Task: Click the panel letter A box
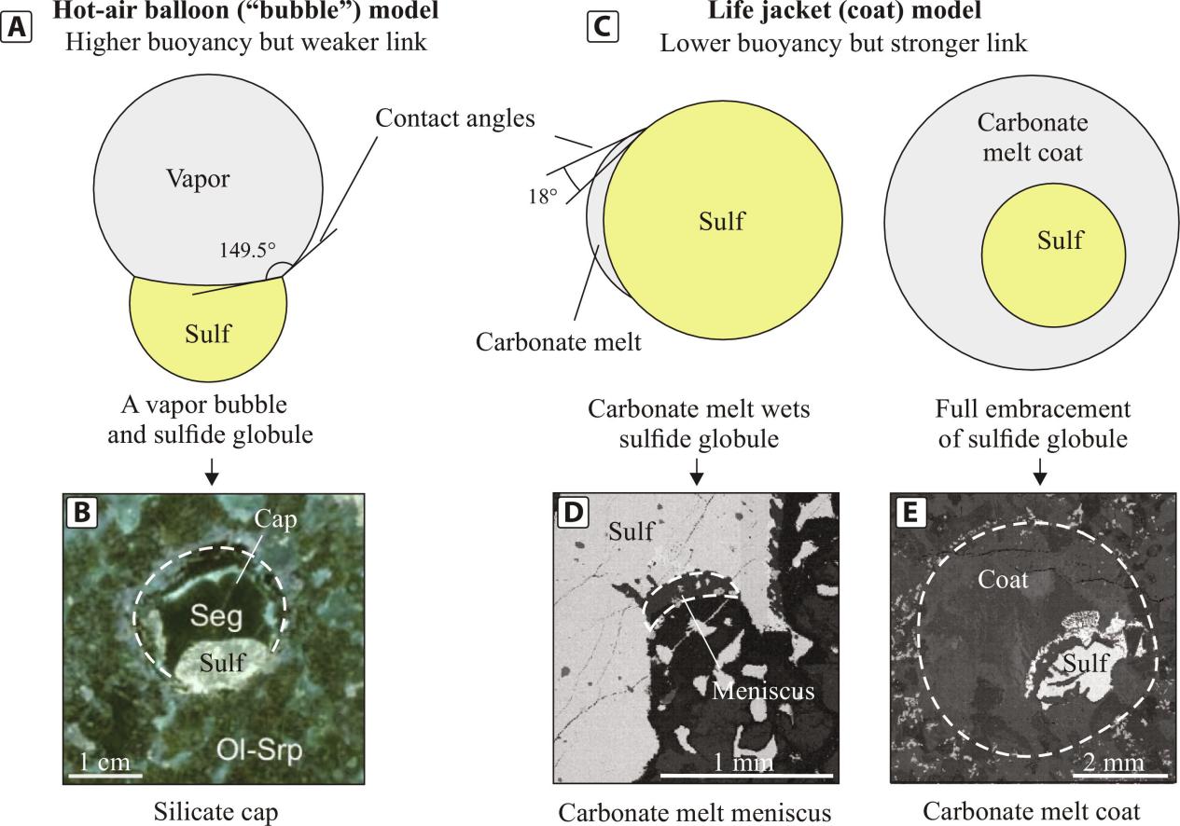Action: coord(19,26)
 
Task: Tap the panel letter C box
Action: coord(602,26)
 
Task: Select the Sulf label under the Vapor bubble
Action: coord(207,333)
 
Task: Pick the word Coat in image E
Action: coord(1003,580)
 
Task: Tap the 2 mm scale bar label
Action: coord(1115,763)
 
